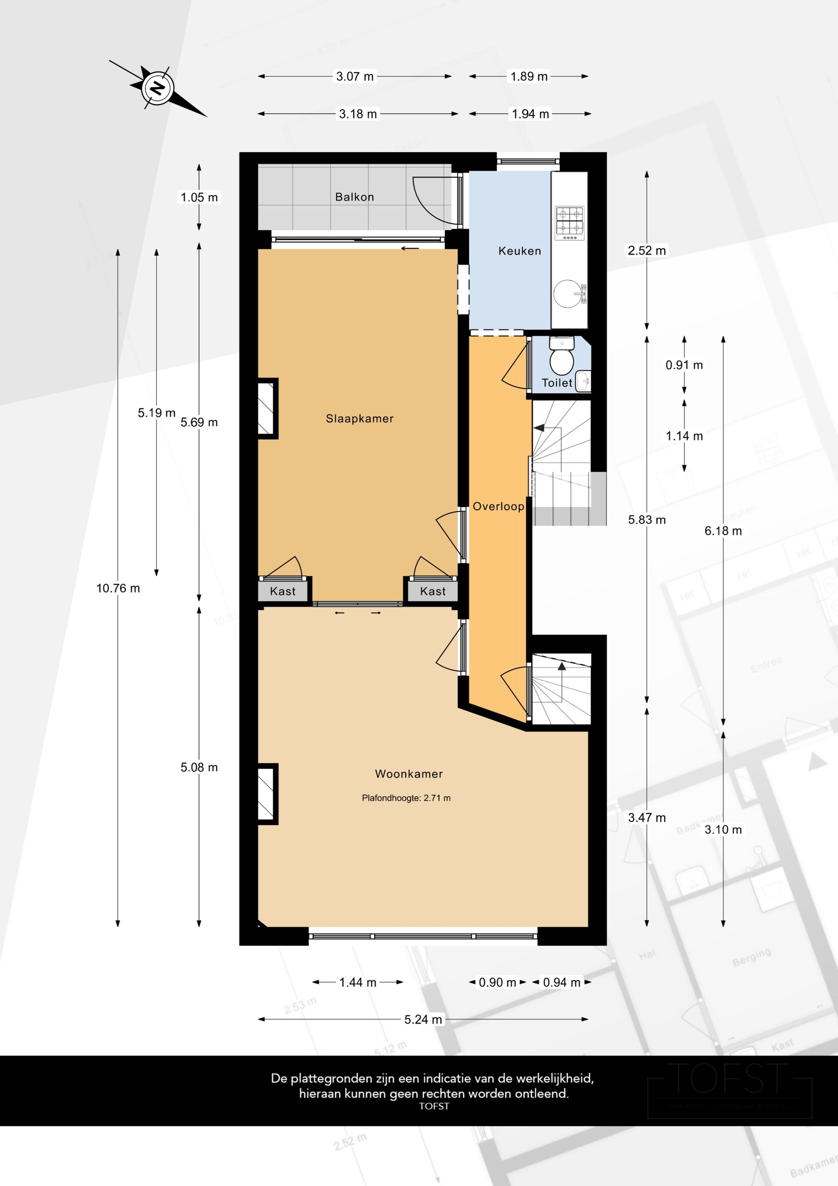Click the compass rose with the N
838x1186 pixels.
point(158,89)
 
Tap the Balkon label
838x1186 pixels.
point(354,197)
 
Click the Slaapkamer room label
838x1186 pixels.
point(359,418)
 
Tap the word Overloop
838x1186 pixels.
point(498,506)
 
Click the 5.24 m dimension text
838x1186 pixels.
point(423,1019)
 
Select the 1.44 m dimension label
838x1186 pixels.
point(357,982)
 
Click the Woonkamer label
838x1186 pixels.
point(409,774)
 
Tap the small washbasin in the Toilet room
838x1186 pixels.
point(583,381)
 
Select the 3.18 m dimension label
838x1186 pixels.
point(357,114)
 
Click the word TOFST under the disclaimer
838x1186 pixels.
point(434,1106)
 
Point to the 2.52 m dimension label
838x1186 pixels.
point(646,250)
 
